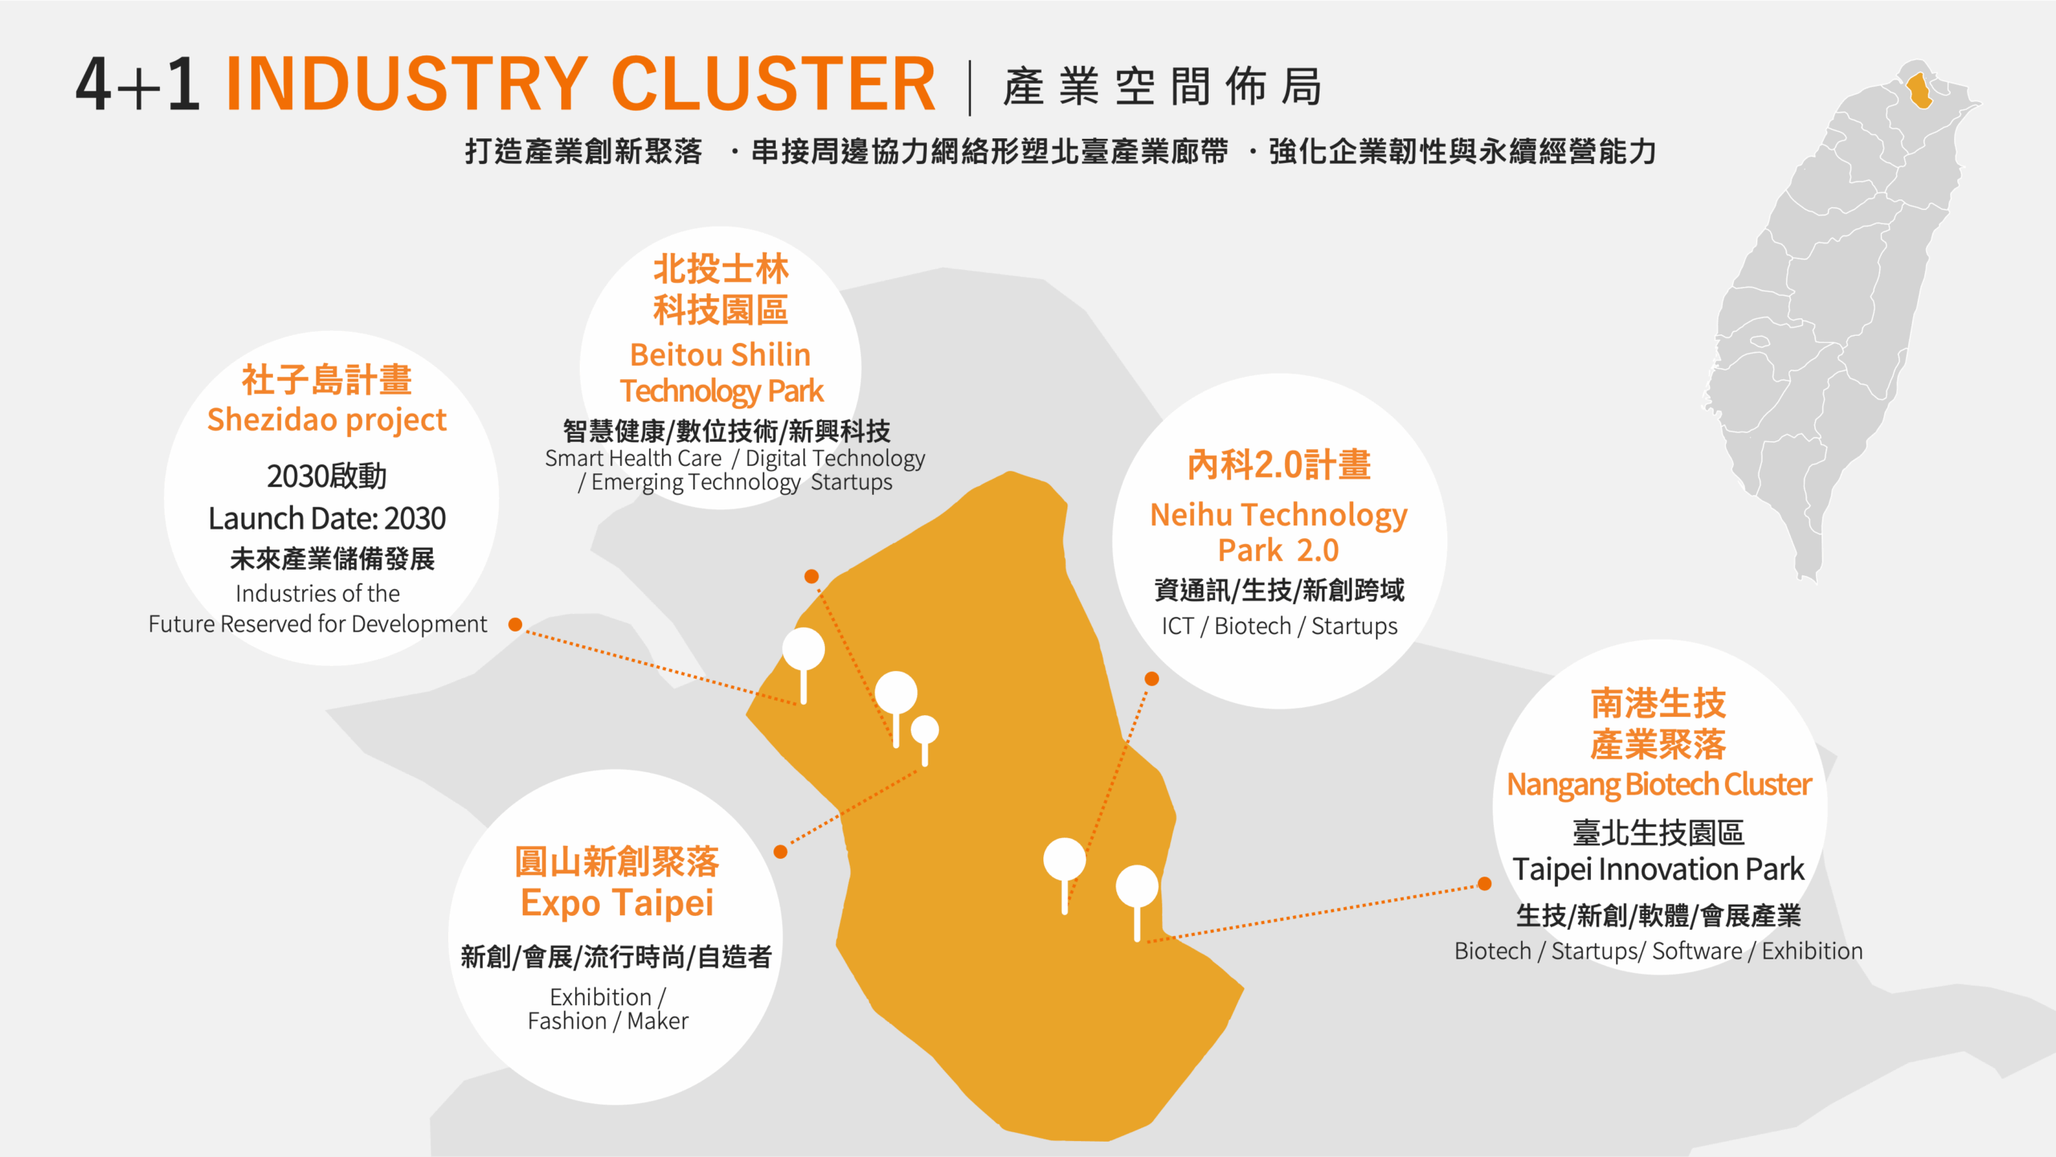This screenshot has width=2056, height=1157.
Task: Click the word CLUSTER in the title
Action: click(773, 84)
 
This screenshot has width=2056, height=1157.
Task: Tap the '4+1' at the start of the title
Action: click(137, 84)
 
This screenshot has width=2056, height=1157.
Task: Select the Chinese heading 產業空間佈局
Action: click(1162, 87)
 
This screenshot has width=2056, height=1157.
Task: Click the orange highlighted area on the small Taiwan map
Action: click(1919, 90)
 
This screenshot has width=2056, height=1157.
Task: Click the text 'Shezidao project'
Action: click(326, 420)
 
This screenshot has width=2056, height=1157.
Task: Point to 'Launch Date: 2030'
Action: click(326, 518)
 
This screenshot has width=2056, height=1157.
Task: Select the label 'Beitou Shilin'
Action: click(720, 354)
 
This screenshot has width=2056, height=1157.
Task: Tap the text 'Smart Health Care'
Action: click(633, 458)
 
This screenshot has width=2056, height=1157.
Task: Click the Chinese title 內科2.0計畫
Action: click(1279, 465)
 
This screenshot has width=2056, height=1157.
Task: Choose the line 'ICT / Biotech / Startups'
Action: click(1279, 626)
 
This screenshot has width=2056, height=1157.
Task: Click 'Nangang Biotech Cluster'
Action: click(1658, 784)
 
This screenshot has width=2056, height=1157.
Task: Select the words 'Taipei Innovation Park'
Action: click(1658, 869)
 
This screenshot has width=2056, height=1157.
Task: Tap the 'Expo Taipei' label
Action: click(617, 903)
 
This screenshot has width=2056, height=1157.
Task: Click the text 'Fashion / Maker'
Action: click(608, 1021)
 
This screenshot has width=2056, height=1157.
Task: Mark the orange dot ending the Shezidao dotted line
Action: click(516, 624)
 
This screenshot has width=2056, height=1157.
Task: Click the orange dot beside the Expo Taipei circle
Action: click(780, 852)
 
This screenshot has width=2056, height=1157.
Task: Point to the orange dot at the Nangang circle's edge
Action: click(1485, 884)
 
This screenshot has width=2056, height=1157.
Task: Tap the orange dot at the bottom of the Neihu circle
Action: click(1152, 679)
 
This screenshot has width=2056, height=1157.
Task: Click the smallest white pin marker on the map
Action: click(924, 730)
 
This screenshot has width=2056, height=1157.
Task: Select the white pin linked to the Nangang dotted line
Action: click(1136, 887)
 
